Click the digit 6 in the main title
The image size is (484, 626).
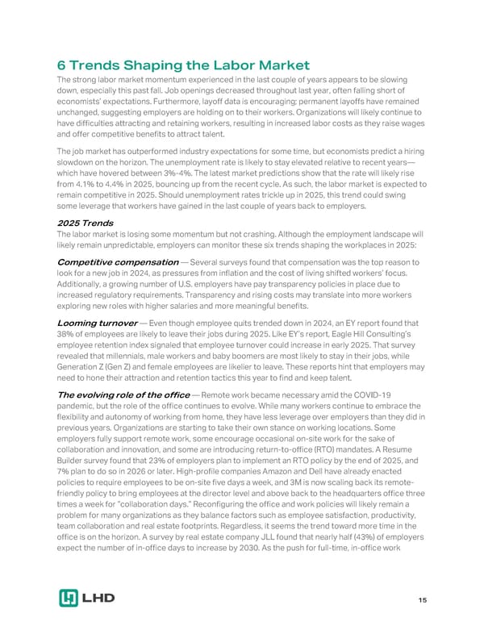pos(60,66)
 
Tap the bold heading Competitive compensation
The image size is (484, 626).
pos(118,262)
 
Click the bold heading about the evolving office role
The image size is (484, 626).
pos(123,394)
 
